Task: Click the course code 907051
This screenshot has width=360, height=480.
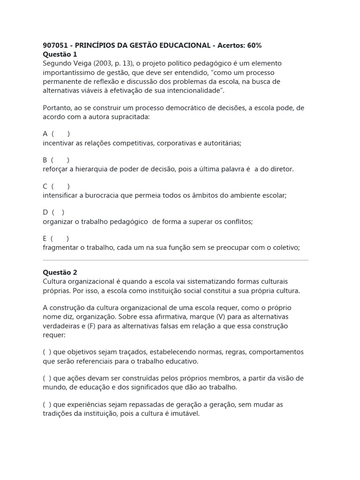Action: [55, 45]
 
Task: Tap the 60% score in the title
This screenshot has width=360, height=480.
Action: [252, 45]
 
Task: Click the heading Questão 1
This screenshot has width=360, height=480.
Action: [60, 54]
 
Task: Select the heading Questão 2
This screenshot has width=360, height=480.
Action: [60, 272]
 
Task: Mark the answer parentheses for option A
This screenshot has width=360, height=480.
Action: [61, 134]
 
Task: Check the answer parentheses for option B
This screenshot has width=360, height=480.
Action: [60, 160]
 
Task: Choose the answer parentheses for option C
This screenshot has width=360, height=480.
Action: [61, 187]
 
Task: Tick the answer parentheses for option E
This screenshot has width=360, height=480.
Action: [60, 239]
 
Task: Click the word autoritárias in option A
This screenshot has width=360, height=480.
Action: [222, 143]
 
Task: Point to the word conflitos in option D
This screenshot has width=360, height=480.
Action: [237, 222]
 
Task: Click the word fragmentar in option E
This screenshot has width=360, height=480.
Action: [59, 248]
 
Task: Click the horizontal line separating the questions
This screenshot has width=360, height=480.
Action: [175, 260]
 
